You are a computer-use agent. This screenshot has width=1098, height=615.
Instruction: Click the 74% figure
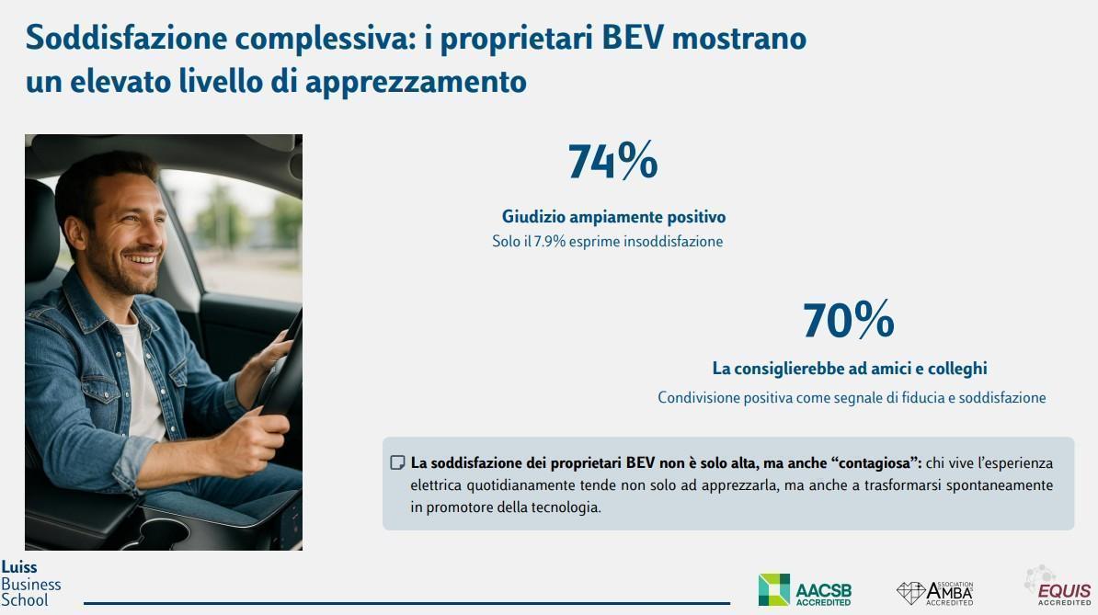click(x=612, y=162)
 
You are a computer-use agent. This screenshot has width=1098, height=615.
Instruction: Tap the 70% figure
click(x=848, y=321)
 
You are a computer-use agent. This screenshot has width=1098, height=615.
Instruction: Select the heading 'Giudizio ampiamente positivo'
click(x=613, y=217)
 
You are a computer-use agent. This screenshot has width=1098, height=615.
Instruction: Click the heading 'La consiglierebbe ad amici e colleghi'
click(x=850, y=368)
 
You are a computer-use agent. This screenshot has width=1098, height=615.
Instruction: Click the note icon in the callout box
click(x=397, y=462)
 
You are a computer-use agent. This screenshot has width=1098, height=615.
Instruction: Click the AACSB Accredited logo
click(x=804, y=590)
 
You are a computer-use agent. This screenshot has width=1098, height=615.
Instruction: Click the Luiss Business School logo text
click(x=30, y=584)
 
